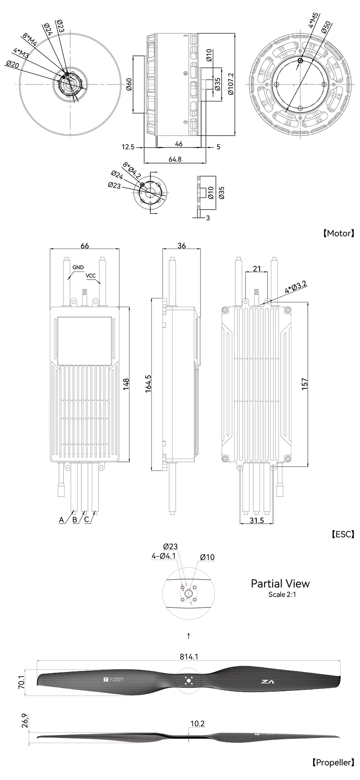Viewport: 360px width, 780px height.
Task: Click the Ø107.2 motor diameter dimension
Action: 231,85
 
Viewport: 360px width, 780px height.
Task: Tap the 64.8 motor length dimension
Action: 175,159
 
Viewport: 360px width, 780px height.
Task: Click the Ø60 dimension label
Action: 129,85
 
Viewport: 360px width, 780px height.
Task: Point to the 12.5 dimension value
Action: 128,147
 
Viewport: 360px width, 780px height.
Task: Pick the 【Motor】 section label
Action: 338,233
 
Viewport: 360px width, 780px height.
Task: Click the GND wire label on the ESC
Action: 78,267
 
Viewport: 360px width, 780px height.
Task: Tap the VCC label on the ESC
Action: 90,276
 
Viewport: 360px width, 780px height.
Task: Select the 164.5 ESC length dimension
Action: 148,385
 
